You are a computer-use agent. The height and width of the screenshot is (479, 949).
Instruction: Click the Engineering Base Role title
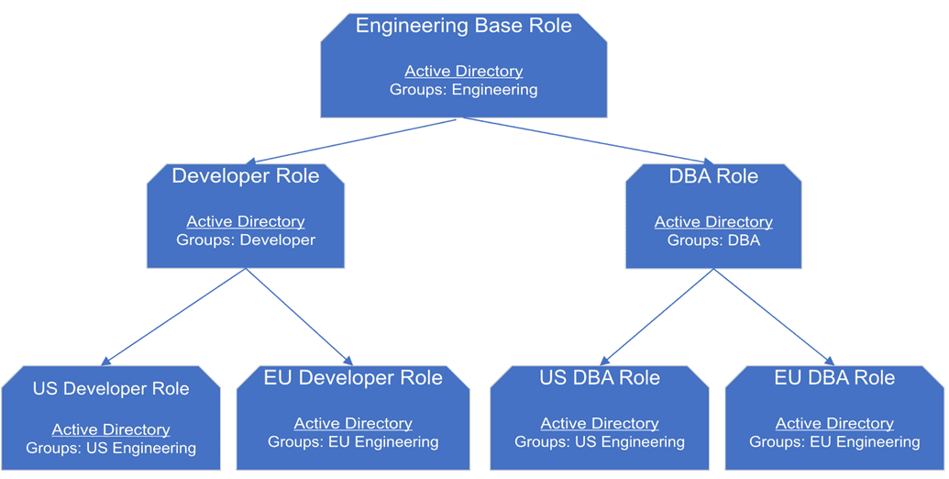[463, 26]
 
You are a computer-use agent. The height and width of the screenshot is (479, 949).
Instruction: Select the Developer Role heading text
[246, 176]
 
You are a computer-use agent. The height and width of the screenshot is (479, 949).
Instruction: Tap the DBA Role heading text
[713, 176]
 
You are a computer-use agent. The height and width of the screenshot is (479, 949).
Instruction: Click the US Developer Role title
[111, 388]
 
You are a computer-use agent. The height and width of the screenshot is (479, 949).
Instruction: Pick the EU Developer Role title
[353, 378]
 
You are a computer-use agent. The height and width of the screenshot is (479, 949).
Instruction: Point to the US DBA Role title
[600, 378]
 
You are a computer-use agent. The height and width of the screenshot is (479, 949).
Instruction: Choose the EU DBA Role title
[834, 378]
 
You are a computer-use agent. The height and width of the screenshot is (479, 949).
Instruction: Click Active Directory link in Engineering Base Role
[463, 71]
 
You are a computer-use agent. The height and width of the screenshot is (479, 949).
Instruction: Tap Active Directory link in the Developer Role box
[246, 221]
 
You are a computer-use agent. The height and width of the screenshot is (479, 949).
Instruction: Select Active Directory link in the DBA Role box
[713, 221]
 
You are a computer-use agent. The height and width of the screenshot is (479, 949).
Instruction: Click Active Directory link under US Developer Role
[111, 429]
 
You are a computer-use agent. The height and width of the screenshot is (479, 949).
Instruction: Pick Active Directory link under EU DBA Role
[834, 423]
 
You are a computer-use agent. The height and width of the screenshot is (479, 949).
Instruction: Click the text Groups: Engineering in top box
[463, 90]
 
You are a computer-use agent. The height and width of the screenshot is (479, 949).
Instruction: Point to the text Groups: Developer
[246, 240]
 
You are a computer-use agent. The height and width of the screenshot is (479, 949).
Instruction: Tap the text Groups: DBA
[713, 240]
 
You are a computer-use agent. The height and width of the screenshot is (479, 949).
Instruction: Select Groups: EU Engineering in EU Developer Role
[353, 442]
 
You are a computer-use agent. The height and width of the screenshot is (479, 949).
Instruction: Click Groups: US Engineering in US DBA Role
[600, 442]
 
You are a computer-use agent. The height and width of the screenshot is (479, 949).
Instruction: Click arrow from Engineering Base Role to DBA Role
[587, 140]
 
